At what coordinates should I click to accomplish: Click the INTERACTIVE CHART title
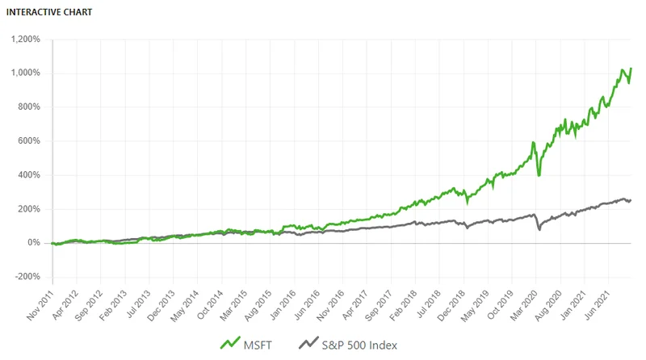(48, 13)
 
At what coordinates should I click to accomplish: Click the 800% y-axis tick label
(29, 107)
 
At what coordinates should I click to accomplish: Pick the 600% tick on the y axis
(29, 140)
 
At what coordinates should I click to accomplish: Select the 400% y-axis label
(29, 174)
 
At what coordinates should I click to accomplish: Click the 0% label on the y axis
(33, 242)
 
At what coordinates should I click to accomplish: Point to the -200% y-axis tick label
(27, 276)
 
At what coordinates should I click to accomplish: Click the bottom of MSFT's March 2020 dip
(539, 175)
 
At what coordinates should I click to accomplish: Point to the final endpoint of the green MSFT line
(631, 69)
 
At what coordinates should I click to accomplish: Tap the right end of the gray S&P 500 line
(631, 199)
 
